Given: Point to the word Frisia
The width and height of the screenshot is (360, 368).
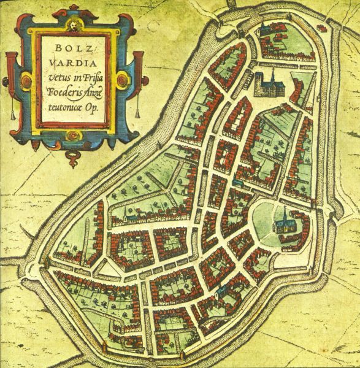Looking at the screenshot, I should [93, 74].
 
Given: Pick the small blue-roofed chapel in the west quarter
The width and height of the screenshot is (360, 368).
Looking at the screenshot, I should [126, 217].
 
